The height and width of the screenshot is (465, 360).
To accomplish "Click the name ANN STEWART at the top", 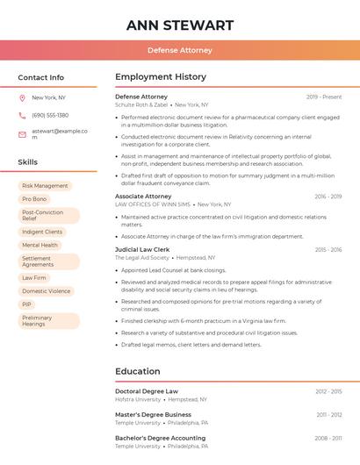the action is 180,25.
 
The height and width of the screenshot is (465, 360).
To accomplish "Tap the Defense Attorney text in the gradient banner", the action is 180,50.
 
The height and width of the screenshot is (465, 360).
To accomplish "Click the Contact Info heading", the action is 40,77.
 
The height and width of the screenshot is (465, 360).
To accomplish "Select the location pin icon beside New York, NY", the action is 22,97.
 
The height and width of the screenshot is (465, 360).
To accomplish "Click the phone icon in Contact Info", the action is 22,115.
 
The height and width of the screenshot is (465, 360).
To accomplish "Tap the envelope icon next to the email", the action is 22,134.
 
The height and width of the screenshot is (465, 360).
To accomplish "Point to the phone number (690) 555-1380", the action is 50,115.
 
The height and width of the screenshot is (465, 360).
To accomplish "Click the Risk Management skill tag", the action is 45,186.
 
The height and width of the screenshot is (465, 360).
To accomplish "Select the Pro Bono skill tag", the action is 34,199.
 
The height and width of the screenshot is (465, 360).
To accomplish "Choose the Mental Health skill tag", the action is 40,246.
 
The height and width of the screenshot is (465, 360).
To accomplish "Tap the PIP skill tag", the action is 26,304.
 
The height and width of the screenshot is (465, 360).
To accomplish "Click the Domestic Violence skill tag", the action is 47,291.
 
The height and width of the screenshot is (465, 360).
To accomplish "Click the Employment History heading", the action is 161,77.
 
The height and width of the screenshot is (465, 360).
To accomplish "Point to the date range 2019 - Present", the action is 324,97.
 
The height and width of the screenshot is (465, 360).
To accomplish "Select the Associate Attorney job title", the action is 143,197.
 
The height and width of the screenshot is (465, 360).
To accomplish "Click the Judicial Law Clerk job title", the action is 142,250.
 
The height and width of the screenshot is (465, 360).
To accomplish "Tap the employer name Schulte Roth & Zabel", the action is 141,104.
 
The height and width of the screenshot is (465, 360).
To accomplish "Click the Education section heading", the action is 137,371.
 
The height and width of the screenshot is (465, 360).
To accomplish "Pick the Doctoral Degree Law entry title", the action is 147,391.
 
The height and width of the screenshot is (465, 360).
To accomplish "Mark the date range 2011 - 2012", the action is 329,414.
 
